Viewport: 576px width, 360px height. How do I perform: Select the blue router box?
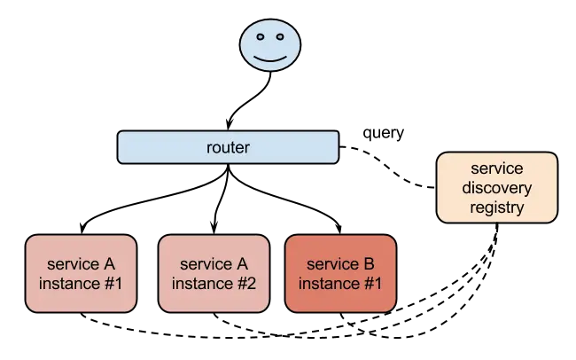click(x=228, y=147)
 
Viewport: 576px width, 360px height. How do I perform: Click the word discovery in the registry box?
click(x=497, y=188)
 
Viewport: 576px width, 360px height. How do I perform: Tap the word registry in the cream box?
click(x=497, y=207)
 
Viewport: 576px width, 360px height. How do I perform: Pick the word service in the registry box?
click(x=497, y=168)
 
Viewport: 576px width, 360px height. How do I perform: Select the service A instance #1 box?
click(x=81, y=274)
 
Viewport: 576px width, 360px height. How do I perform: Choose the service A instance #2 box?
click(x=213, y=274)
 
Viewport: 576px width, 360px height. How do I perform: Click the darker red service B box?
click(x=340, y=274)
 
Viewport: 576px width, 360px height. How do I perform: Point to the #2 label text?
click(x=245, y=284)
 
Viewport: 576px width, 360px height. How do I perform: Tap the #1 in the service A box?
click(x=113, y=284)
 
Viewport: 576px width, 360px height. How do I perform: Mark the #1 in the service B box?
click(x=372, y=284)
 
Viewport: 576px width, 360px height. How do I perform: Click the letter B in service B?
click(x=369, y=264)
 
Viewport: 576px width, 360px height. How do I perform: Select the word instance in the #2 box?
click(x=200, y=284)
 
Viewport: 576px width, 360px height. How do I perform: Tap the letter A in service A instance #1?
click(x=109, y=264)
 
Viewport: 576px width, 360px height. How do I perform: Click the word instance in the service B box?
click(x=328, y=284)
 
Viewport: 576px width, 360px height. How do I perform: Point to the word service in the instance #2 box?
click(x=205, y=264)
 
